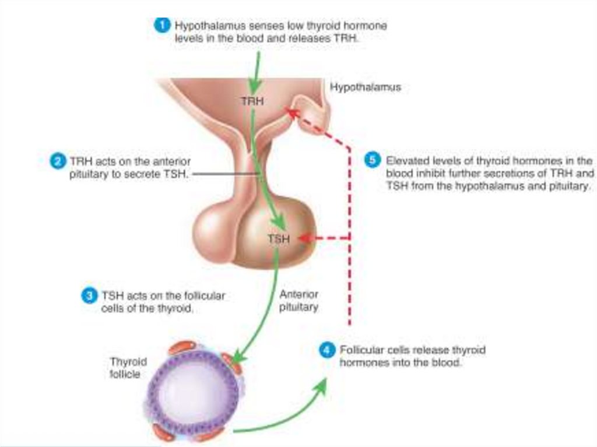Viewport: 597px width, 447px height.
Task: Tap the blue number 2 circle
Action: point(58,161)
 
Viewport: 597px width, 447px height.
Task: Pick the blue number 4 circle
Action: point(327,350)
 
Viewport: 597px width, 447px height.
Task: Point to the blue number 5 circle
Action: point(373,160)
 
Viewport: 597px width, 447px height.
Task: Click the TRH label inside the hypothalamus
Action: point(252,101)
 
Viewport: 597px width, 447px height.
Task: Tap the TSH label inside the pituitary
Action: point(278,238)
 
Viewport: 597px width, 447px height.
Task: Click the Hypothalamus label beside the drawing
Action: point(366,87)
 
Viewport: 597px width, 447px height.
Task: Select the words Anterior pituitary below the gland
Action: point(298,301)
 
